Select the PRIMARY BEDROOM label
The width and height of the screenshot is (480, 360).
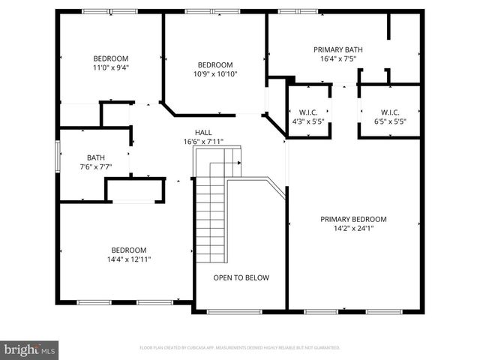353,219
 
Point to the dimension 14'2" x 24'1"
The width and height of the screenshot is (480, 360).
353,228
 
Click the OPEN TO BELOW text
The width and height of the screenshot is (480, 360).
241,277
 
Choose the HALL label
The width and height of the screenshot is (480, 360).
203,132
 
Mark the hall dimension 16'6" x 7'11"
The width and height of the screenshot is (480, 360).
203,141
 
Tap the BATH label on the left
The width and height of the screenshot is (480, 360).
95,157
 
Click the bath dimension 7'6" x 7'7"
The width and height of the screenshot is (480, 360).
95,166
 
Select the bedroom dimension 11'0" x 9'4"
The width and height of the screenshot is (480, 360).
111,67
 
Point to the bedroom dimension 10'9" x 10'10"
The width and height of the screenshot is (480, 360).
215,73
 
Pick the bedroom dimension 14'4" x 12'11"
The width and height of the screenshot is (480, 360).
129,259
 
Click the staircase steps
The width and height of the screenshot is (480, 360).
209,217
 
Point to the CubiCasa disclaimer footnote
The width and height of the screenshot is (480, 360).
240,348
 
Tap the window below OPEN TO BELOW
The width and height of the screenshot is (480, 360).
234,310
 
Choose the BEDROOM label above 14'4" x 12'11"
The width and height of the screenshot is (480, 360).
129,250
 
